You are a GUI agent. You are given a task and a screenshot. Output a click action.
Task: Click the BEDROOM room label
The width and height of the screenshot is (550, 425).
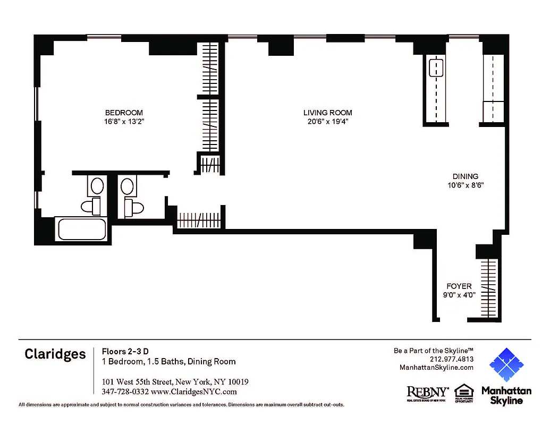click(124, 113)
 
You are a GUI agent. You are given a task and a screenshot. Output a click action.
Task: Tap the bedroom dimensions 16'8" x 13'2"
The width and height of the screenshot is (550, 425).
click(124, 122)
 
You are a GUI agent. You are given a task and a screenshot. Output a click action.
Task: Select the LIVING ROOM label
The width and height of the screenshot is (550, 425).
click(327, 113)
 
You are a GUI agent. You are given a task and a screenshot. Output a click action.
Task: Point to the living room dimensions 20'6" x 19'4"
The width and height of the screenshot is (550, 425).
click(327, 122)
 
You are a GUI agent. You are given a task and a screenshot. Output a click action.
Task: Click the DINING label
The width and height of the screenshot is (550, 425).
click(465, 176)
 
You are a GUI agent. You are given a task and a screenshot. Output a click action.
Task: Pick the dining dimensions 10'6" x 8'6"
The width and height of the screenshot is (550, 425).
click(465, 185)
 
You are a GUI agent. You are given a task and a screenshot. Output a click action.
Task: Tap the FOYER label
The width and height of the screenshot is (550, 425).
click(459, 286)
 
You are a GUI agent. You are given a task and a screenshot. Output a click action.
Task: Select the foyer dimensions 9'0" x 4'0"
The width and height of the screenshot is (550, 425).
click(459, 295)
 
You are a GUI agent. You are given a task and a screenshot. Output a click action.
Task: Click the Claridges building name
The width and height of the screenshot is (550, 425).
click(55, 354)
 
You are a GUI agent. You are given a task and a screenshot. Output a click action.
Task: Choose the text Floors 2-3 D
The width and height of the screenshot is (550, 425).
click(125, 351)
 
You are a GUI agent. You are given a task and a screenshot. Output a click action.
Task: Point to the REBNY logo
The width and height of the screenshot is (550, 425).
click(427, 392)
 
